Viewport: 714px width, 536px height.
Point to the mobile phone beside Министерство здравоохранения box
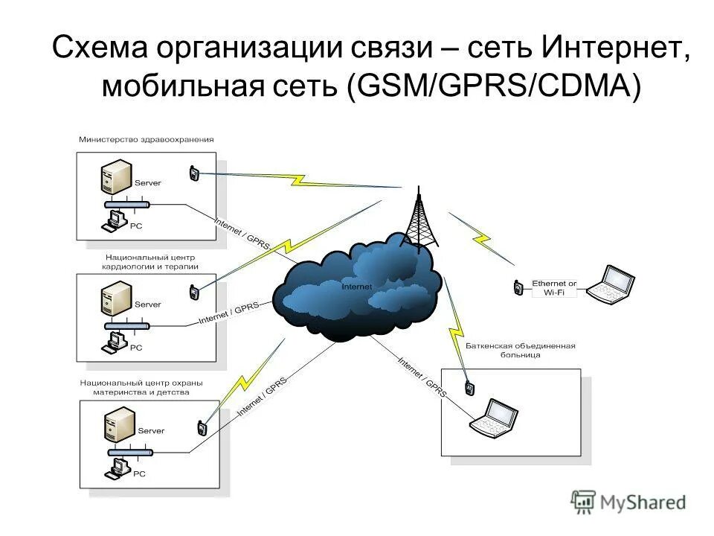pyautogui.click(x=193, y=173)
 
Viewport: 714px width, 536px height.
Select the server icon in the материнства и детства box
pyautogui.click(x=119, y=427)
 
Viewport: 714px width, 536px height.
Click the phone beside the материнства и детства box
pyautogui.click(x=201, y=428)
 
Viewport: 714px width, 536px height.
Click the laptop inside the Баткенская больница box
pyautogui.click(x=493, y=418)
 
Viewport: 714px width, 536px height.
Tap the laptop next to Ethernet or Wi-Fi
pyautogui.click(x=611, y=284)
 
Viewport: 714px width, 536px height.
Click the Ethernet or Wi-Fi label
pyautogui.click(x=554, y=288)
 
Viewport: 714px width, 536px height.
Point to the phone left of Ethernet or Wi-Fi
pyautogui.click(x=515, y=287)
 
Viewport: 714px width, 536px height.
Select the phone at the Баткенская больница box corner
pyautogui.click(x=469, y=388)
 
